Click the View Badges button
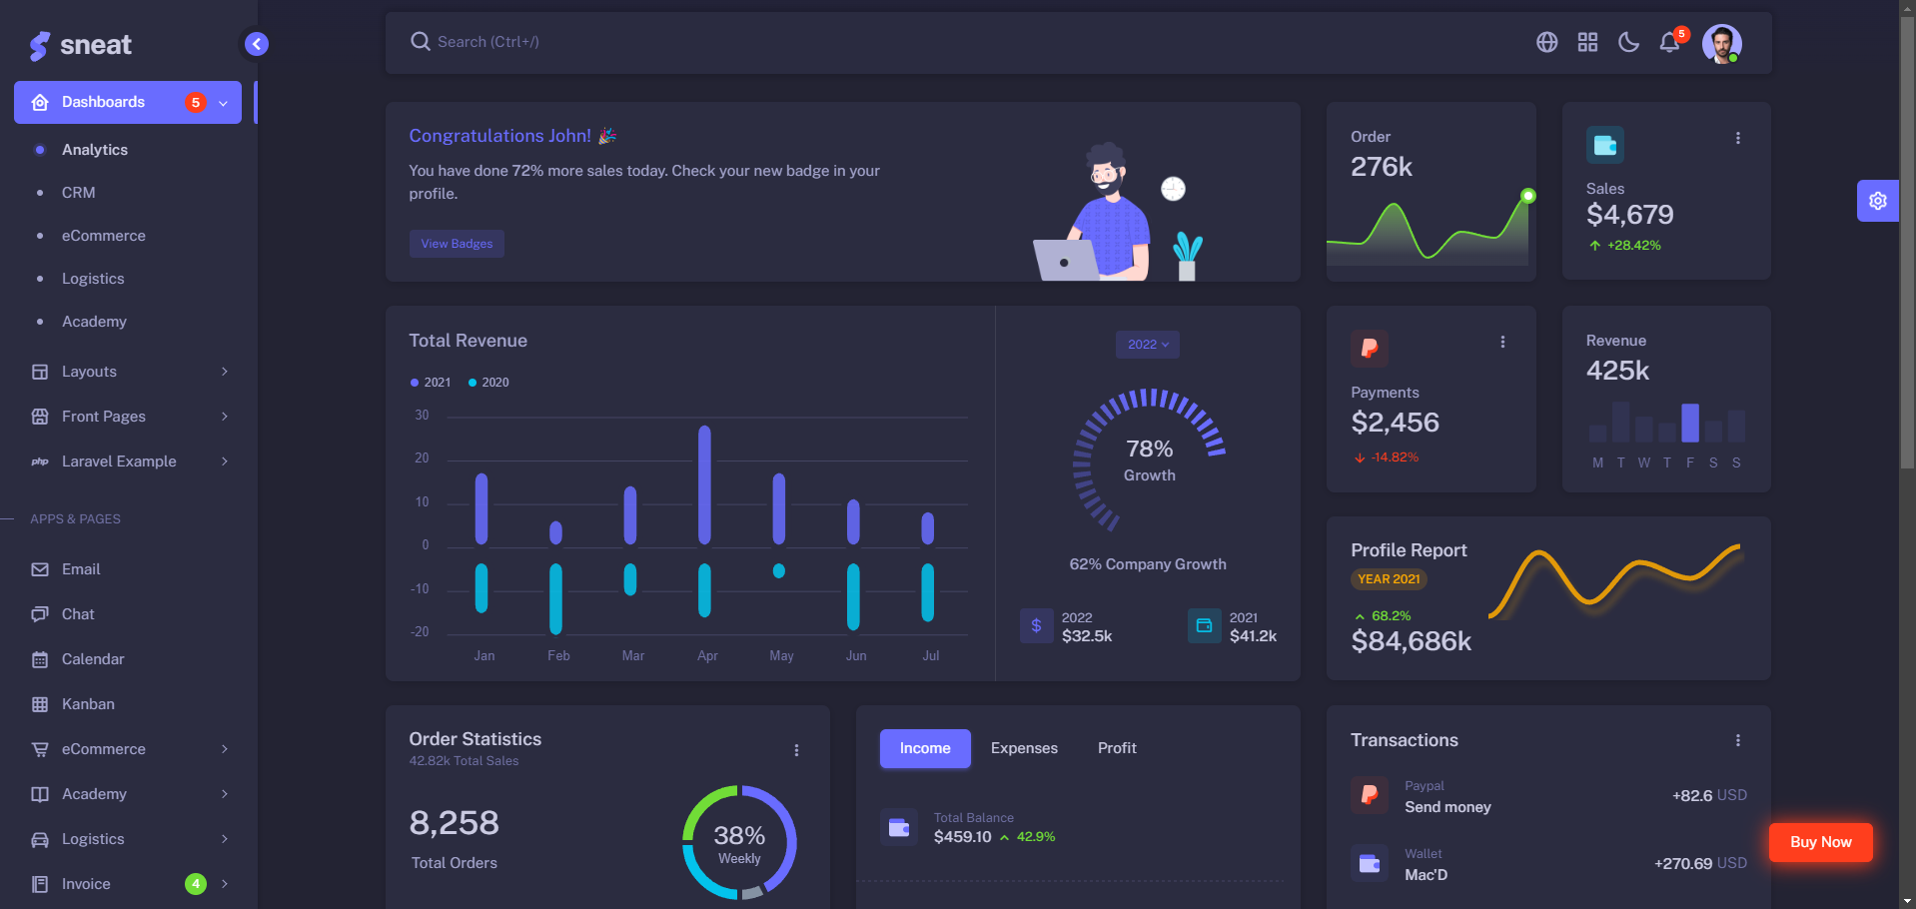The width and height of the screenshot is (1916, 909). click(x=457, y=244)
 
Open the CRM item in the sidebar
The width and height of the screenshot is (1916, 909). click(x=78, y=193)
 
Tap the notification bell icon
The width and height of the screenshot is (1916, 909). click(x=1668, y=42)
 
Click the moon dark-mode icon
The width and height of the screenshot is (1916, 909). click(x=1628, y=42)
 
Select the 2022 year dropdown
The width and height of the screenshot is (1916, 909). click(x=1148, y=345)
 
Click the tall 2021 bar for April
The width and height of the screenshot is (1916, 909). click(x=704, y=484)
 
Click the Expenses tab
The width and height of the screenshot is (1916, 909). click(x=1024, y=748)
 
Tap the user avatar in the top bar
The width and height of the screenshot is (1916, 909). click(x=1721, y=43)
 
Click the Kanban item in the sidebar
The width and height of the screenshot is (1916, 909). click(x=88, y=704)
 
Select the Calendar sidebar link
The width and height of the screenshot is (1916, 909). click(x=93, y=659)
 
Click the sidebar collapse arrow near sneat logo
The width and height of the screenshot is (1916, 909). click(x=257, y=44)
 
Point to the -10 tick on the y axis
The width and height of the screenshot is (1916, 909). click(x=420, y=589)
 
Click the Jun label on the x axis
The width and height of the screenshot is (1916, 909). click(x=856, y=656)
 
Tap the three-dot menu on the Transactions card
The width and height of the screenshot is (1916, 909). click(x=1738, y=740)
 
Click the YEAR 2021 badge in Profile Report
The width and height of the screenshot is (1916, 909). click(x=1389, y=579)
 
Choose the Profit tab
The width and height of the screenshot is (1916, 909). click(x=1117, y=748)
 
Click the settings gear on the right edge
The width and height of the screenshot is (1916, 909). click(x=1877, y=201)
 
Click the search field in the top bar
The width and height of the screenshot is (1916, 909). click(x=699, y=42)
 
